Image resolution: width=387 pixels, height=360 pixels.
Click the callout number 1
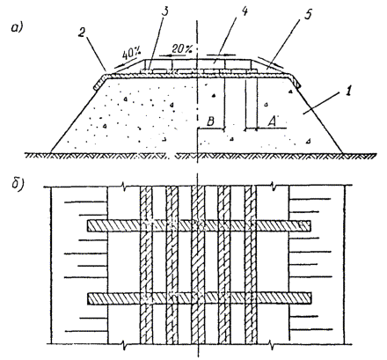348,92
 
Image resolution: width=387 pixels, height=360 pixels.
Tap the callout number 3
166,12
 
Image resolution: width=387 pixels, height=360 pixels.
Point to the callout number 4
245,11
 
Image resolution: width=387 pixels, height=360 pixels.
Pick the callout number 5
308,14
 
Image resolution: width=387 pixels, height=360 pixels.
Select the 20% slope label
182,48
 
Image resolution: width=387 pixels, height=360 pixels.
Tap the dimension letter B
210,121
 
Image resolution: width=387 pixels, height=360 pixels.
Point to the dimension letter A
273,121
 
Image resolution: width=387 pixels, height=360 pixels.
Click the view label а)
17,28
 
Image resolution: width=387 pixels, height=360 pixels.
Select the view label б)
18,185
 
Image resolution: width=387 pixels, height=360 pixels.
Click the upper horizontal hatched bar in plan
199,225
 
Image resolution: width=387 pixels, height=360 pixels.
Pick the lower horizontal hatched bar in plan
200,298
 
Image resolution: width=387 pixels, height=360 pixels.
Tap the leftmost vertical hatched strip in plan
146,265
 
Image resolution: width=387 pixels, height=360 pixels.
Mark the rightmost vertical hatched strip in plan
251,265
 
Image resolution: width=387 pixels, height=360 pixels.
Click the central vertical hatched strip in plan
199,265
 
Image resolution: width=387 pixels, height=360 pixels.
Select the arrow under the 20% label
170,55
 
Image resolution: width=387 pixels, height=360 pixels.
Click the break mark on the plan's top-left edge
125,187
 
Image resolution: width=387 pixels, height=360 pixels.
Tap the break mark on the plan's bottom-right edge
272,344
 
